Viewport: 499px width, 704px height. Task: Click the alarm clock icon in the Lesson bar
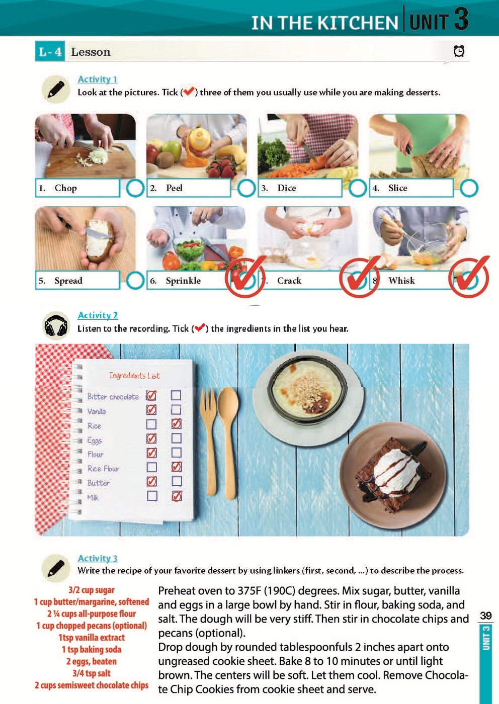coord(459,51)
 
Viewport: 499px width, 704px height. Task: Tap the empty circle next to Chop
coord(135,188)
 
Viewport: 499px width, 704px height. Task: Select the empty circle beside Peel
coord(246,188)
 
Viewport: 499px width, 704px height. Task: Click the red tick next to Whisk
coord(469,277)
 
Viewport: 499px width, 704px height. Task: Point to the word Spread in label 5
coord(68,281)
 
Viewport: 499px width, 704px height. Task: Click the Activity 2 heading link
coord(98,315)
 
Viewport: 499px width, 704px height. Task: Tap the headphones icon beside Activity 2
coord(56,326)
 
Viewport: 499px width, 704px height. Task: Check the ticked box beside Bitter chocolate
coord(151,395)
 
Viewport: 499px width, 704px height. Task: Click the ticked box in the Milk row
coord(177,496)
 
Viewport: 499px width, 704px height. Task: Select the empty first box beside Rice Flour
coord(151,467)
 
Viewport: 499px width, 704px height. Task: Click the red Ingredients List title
coord(135,375)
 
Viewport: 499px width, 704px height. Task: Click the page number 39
coord(486,615)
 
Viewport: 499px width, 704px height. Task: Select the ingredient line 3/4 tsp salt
coord(92,673)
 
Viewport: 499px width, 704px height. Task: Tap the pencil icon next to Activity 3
coord(56,568)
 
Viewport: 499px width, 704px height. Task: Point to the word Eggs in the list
coord(95,441)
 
